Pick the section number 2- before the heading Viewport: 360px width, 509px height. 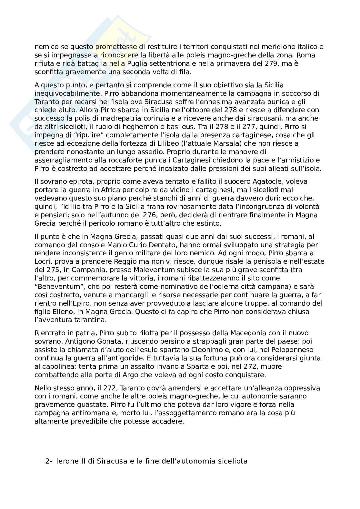(x=48, y=461)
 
